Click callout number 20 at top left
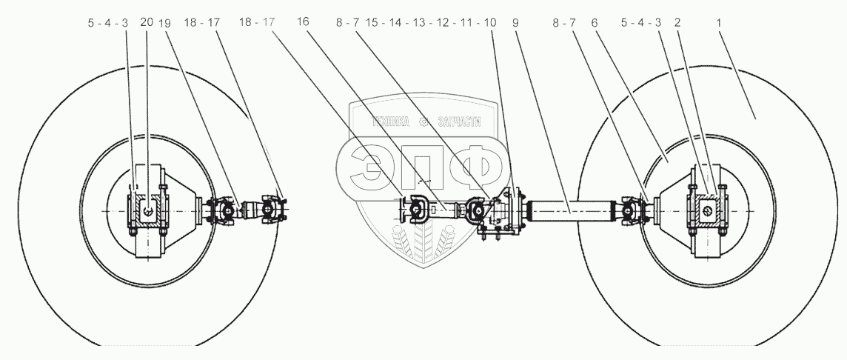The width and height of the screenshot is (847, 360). [147, 22]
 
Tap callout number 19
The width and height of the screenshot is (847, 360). [164, 22]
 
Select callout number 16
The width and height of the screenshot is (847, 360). [304, 22]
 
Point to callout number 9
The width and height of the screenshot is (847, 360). [515, 22]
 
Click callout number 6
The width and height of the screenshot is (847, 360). [594, 22]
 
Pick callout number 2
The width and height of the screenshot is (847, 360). [677, 22]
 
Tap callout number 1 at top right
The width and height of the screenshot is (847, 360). [718, 22]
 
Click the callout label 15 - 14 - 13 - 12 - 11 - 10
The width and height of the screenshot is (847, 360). [430, 22]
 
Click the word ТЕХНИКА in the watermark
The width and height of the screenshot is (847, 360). [390, 122]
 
